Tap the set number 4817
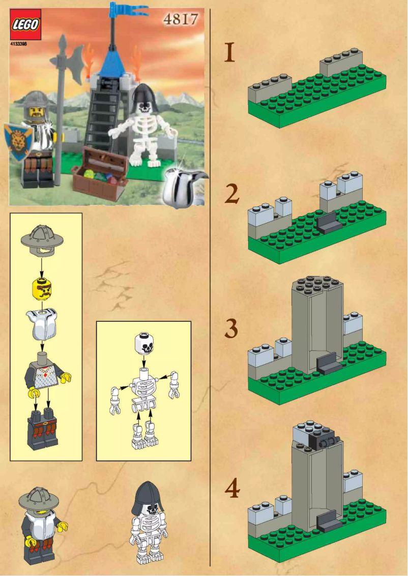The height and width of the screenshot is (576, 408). (181, 19)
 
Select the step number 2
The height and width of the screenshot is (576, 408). (231, 194)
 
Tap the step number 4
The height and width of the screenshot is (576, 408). (232, 489)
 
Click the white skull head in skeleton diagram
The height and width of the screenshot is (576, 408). (145, 345)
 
